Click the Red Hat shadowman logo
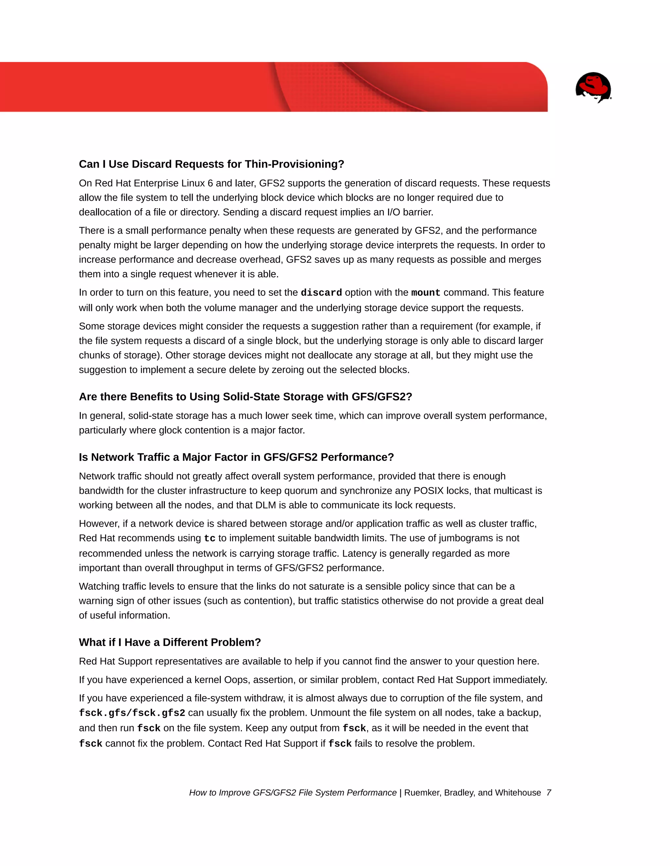click(593, 87)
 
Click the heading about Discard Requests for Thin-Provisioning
click(211, 164)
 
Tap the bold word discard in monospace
click(321, 292)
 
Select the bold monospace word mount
click(426, 292)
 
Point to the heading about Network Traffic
click(236, 457)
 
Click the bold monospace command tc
click(210, 539)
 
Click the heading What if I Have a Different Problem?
click(170, 642)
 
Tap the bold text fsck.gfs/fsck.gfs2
click(132, 713)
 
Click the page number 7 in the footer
click(549, 793)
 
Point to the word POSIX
click(429, 491)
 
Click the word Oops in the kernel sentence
click(236, 680)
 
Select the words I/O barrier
click(410, 212)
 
